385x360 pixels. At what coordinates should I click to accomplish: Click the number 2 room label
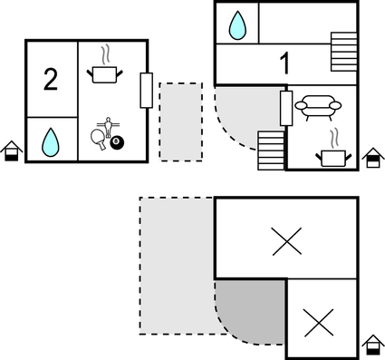(50, 80)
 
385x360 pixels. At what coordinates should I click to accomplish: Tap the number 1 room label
(284, 64)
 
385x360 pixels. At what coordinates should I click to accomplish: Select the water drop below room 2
(51, 141)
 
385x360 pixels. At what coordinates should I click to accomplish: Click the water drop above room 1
(237, 24)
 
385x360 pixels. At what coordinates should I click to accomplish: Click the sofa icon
(319, 108)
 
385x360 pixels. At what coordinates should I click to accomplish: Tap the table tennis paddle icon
(99, 139)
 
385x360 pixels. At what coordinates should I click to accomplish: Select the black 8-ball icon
(116, 142)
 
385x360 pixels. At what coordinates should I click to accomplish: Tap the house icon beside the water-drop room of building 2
(12, 151)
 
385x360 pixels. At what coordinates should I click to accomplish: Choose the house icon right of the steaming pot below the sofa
(372, 159)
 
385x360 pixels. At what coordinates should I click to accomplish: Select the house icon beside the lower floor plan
(372, 345)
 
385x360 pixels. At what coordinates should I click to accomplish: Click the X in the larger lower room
(286, 240)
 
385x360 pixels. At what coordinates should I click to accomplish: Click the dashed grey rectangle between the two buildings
(180, 122)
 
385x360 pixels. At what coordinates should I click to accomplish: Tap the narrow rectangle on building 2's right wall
(145, 90)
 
